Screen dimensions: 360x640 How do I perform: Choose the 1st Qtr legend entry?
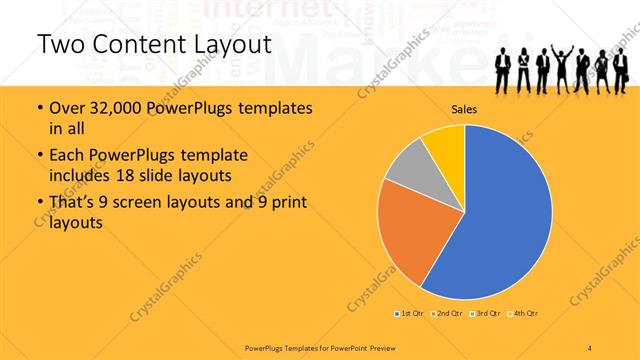pos(408,314)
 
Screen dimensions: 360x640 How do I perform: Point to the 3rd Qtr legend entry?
pos(487,314)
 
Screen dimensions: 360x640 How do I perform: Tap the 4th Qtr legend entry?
pos(526,314)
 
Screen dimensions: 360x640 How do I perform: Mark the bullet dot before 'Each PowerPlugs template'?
pos(39,156)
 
